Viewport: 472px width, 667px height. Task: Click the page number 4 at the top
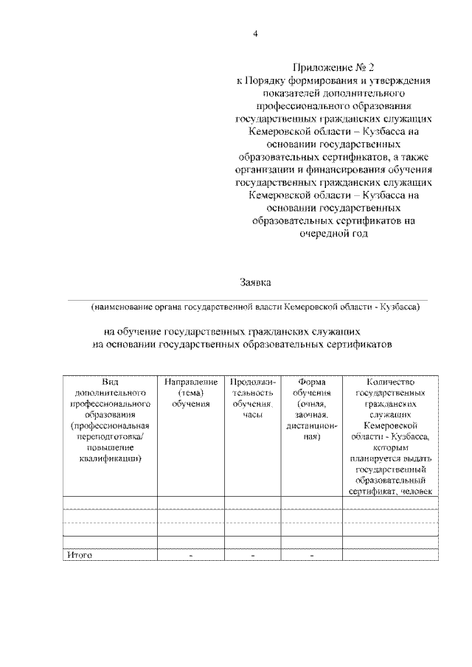click(255, 33)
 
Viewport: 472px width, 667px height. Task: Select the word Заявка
click(255, 282)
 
